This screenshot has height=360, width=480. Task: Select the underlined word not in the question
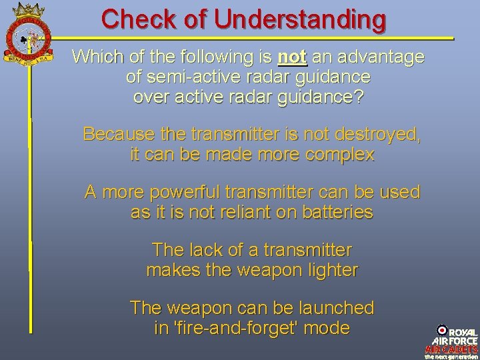291,57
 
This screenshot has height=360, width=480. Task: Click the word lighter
329,270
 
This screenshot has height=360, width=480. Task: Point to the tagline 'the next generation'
452,356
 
